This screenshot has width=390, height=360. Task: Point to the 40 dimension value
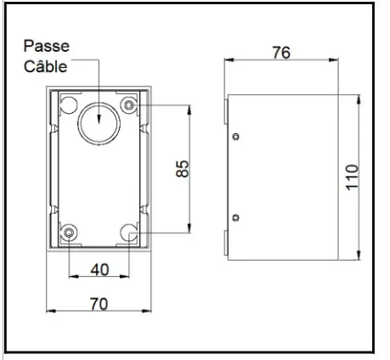coord(99,269)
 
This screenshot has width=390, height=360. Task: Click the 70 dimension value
coord(99,303)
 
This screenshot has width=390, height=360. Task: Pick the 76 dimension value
coord(280,52)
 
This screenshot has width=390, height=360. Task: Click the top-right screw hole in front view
coord(129,104)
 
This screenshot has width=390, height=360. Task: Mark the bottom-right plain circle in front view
coord(129,232)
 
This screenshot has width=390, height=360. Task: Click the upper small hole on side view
coord(236,136)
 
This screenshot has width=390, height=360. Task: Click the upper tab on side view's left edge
coord(226,111)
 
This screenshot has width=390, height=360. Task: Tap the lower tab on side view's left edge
coord(226,243)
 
